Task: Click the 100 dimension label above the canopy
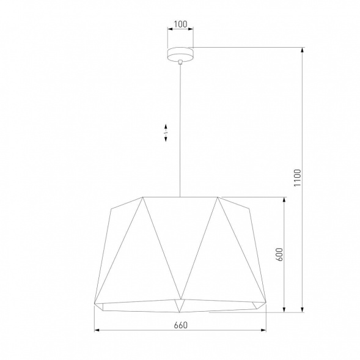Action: [x=180, y=25]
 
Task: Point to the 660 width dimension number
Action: [x=180, y=325]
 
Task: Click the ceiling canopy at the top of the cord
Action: [x=180, y=54]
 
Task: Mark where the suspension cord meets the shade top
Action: [x=180, y=197]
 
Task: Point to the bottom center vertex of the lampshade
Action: [x=180, y=301]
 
